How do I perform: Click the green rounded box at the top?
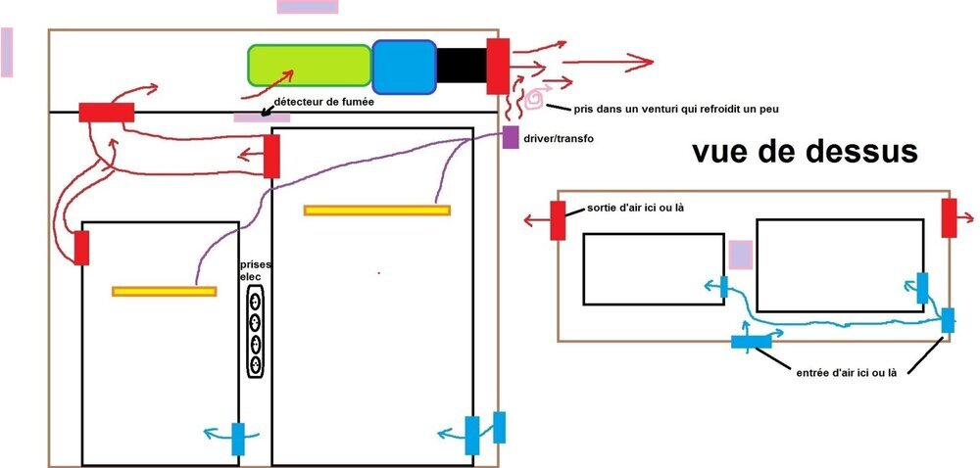[310, 65]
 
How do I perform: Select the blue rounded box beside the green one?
[405, 67]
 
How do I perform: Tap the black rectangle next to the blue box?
[462, 66]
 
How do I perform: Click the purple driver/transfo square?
[511, 137]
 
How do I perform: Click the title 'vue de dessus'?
[805, 151]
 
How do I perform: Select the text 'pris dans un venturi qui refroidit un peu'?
[676, 109]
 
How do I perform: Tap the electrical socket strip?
[255, 331]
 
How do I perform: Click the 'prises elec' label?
[256, 270]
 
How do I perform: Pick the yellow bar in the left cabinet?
[165, 292]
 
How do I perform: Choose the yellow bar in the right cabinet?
[377, 211]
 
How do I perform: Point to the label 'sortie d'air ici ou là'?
[635, 208]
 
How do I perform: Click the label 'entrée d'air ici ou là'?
[847, 373]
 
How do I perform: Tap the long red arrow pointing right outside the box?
[608, 62]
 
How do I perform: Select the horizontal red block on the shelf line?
[106, 113]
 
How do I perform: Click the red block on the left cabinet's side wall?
[81, 248]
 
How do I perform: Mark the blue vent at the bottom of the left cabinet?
[238, 439]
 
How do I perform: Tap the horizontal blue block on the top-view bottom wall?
[752, 342]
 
